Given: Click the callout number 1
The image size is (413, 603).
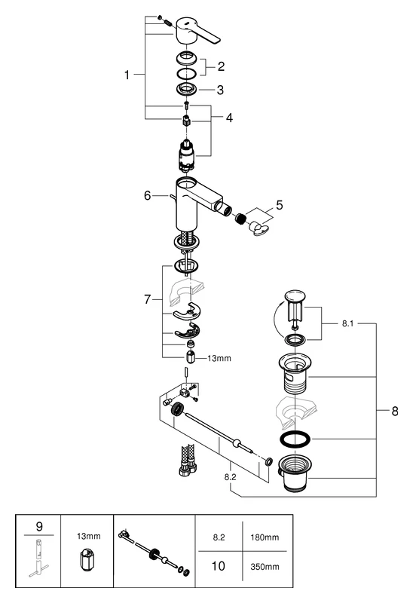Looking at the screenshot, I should pyautogui.click(x=129, y=75).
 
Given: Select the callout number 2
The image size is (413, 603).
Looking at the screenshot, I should pyautogui.click(x=221, y=66).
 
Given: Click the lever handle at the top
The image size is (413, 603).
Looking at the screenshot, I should pyautogui.click(x=197, y=32).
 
